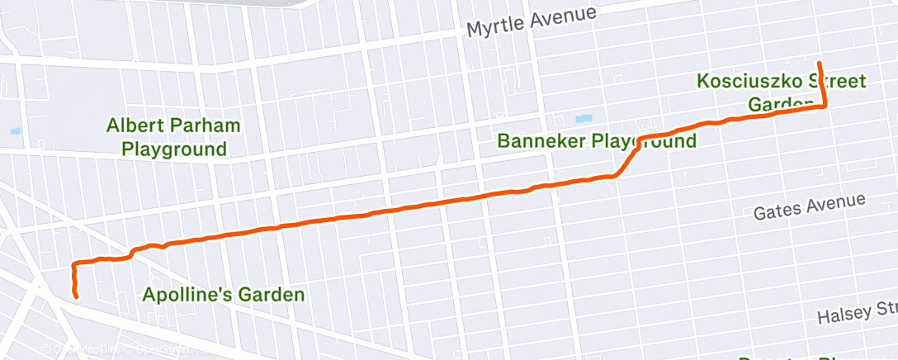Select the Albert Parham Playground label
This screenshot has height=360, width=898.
coord(173,137)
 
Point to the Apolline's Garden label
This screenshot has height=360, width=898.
coord(224,294)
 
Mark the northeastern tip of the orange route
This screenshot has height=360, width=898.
coord(819,63)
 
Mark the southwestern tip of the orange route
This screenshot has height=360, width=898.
coord(77,296)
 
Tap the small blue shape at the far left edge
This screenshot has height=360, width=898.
coord(16,130)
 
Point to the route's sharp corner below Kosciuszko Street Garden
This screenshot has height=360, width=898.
coord(825,106)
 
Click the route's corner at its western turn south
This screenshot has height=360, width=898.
coord(74,265)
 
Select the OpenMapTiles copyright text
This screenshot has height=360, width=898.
coord(78,351)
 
